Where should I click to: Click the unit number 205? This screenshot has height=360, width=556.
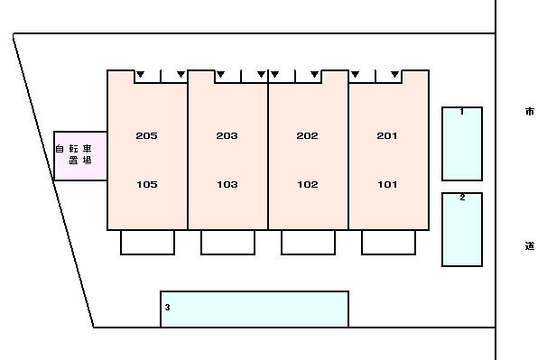[x=146, y=135]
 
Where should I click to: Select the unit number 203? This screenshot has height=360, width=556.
[x=227, y=135]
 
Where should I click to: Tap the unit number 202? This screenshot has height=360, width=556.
[x=307, y=135]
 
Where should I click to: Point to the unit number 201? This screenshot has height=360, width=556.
[x=387, y=135]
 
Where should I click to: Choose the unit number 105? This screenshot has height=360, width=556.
[x=147, y=184]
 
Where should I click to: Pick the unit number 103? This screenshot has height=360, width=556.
[x=227, y=184]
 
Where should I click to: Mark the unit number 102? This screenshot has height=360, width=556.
[x=308, y=184]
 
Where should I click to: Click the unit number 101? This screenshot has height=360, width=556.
[x=387, y=184]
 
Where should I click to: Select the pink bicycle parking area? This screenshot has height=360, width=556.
[x=80, y=156]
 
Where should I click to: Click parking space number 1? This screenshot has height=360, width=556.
[x=462, y=143]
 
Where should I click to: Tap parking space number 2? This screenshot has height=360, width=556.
[x=462, y=229]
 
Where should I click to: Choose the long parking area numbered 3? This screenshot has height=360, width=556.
[x=255, y=309]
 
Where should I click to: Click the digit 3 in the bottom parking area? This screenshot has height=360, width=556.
[x=167, y=307]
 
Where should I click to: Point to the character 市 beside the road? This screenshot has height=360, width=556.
[x=530, y=112]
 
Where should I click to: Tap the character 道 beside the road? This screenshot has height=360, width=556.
[x=530, y=245]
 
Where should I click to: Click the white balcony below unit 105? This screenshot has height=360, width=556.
[x=147, y=243]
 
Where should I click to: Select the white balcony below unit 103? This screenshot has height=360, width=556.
[x=227, y=243]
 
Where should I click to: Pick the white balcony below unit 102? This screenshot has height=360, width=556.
[x=308, y=243]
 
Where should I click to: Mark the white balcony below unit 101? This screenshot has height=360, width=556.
[x=389, y=243]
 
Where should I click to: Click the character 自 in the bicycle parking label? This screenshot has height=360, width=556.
[x=60, y=149]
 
